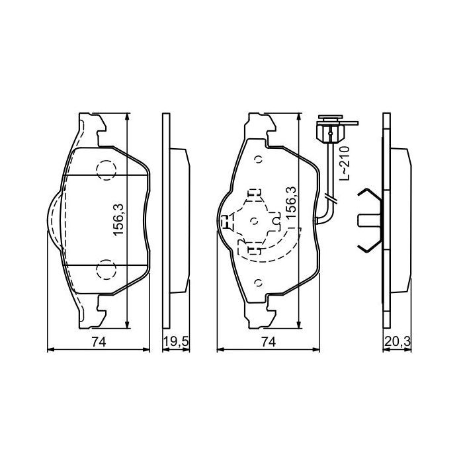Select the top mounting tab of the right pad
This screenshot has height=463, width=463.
click(259, 126)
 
